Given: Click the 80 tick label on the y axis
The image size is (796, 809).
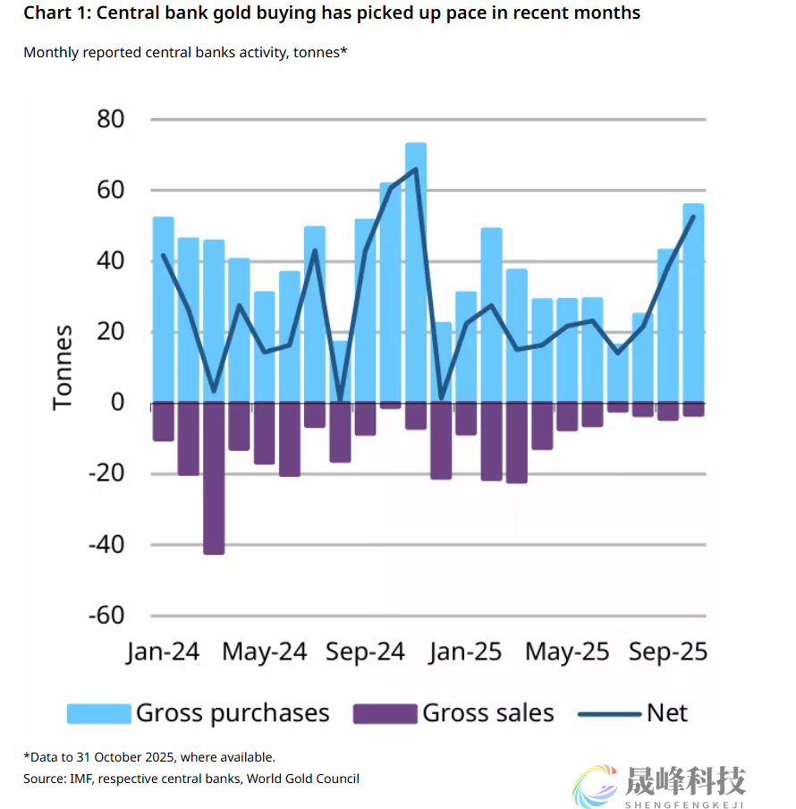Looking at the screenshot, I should tap(105, 120).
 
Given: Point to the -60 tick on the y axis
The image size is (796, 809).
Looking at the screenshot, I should tap(105, 616).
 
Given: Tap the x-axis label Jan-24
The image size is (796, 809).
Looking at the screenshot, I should tap(163, 651).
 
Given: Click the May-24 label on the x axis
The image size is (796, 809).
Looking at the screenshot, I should tap(264, 651).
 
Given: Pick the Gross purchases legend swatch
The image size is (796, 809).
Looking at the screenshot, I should tap(98, 713).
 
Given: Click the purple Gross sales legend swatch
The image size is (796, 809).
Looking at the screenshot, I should tap(385, 713).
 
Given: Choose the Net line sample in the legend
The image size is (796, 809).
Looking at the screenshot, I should tap(608, 713).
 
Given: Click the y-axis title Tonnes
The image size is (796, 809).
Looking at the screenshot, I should tap(63, 368).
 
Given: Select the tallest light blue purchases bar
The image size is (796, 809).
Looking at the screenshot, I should tap(416, 268).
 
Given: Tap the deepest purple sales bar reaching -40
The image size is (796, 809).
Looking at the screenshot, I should tap(214, 479).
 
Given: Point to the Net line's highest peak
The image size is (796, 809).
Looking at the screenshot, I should tap(416, 168).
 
